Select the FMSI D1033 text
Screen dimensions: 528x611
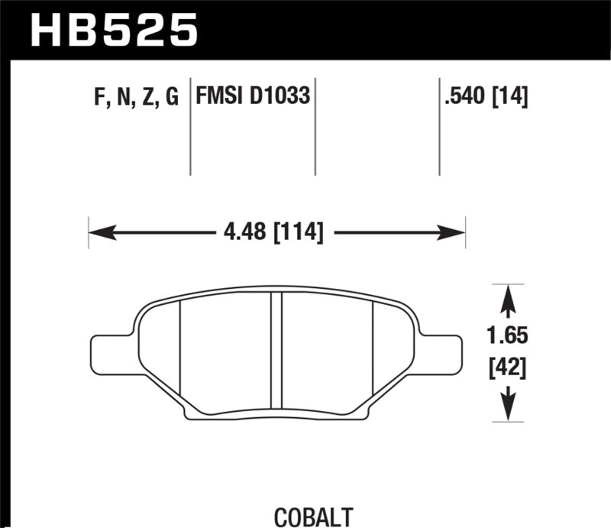253,97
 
